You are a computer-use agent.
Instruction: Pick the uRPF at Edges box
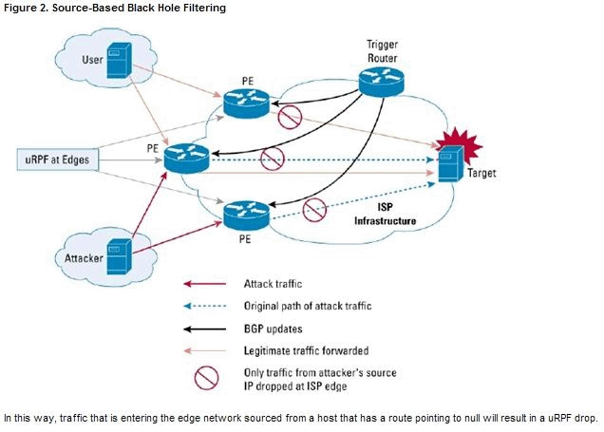(x=59, y=160)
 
